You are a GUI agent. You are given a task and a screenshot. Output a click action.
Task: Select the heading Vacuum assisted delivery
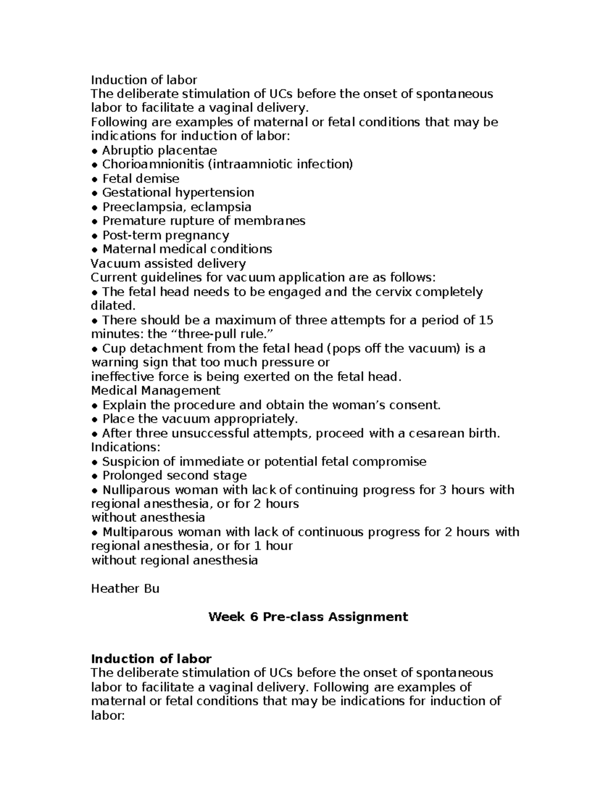pyautogui.click(x=168, y=264)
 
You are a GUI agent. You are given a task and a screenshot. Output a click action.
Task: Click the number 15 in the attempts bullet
pyautogui.click(x=486, y=320)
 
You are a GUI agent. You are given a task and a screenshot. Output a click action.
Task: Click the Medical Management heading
pyautogui.click(x=156, y=391)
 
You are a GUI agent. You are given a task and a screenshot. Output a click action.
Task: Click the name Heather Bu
pyautogui.click(x=125, y=588)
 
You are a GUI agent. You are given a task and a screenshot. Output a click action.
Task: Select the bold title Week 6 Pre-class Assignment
pyautogui.click(x=308, y=617)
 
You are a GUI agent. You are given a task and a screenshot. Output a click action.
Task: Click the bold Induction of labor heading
pyautogui.click(x=151, y=659)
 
